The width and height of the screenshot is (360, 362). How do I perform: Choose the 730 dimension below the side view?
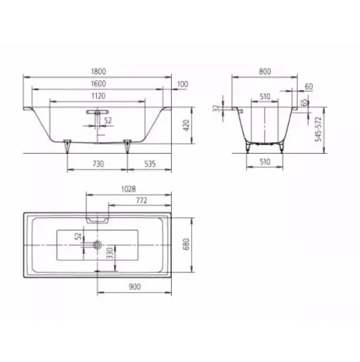98,162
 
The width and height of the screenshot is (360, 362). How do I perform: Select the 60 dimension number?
309,86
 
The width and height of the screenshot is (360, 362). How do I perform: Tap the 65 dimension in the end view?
304,102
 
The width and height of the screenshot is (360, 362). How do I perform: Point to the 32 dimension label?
217,108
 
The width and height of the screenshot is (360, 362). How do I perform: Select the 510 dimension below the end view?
263,162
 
